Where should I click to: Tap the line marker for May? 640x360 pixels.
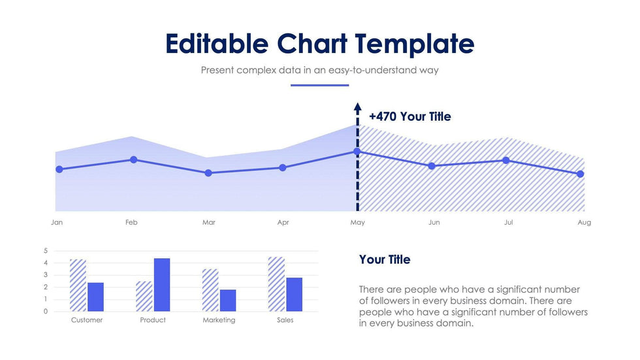pyautogui.click(x=357, y=152)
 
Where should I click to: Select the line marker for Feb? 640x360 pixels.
pyautogui.click(x=134, y=159)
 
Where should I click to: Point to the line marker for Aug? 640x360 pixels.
pyautogui.click(x=581, y=174)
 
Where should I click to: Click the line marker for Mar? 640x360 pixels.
pyautogui.click(x=208, y=173)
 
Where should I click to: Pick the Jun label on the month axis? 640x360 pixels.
pyautogui.click(x=434, y=223)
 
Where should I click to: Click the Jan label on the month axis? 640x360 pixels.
pyautogui.click(x=57, y=223)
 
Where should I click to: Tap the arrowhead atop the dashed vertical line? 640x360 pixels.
pyautogui.click(x=357, y=106)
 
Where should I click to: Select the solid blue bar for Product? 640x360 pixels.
pyautogui.click(x=162, y=285)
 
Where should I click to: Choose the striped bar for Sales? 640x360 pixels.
pyautogui.click(x=276, y=284)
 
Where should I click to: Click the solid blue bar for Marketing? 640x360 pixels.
pyautogui.click(x=228, y=300)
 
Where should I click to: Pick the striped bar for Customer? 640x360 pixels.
pyautogui.click(x=78, y=286)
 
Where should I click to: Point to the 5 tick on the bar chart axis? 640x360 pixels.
pyautogui.click(x=46, y=251)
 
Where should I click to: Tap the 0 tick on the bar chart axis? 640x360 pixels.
pyautogui.click(x=46, y=312)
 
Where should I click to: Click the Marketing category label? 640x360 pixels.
pyautogui.click(x=219, y=320)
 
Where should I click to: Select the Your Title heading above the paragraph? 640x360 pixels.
pyautogui.click(x=385, y=259)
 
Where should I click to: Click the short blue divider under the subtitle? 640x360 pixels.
pyautogui.click(x=320, y=85)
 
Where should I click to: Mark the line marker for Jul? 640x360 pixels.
pyautogui.click(x=506, y=161)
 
